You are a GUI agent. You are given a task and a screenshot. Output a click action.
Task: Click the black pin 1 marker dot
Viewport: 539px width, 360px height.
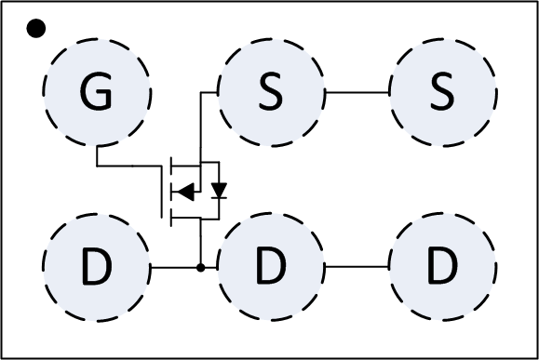35,28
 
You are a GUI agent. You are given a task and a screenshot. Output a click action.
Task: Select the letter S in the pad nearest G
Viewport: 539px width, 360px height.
270,91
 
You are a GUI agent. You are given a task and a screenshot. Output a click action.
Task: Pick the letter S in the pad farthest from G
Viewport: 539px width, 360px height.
441,91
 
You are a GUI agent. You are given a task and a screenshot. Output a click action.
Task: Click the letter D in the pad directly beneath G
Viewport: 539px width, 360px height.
96,269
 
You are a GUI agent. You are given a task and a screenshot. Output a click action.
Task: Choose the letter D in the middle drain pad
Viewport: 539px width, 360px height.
270,269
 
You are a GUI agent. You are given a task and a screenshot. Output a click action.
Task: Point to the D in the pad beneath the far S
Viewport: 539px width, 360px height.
441,269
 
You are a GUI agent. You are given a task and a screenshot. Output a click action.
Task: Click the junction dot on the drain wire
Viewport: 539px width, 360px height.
200,268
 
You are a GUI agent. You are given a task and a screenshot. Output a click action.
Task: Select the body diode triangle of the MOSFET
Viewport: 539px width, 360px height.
219,191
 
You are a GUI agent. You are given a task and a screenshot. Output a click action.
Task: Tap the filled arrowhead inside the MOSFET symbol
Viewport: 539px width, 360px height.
186,192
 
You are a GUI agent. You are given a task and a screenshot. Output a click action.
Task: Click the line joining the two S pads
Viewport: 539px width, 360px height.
357,92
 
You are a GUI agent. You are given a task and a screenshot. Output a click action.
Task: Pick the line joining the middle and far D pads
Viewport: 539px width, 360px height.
357,268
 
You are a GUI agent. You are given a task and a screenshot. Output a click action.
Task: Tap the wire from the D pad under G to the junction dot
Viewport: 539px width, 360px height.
174,268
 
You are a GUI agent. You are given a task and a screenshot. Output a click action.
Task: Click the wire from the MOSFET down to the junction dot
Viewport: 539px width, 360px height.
200,244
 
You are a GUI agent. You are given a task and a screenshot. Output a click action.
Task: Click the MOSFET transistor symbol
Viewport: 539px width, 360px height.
191,192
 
